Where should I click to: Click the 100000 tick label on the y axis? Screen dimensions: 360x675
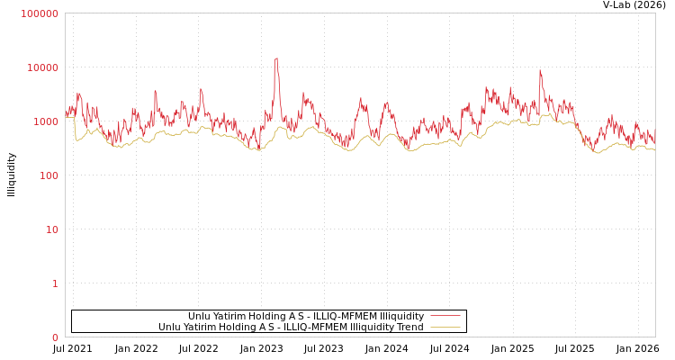(40, 13)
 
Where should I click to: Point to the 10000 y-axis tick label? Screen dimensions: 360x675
(42, 67)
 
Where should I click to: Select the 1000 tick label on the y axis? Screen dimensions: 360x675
(45, 121)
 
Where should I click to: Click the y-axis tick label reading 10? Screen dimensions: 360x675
(51, 229)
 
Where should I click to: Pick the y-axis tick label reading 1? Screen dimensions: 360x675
(55, 283)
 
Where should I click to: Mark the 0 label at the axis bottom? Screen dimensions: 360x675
(55, 337)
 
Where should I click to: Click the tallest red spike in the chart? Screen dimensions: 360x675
(276, 59)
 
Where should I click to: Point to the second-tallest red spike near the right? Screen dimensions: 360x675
(540, 71)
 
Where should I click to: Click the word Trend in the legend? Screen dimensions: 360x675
(409, 328)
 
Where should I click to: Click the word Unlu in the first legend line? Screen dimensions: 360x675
(198, 317)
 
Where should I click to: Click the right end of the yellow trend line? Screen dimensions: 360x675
(654, 149)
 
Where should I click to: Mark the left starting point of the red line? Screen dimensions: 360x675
(66, 115)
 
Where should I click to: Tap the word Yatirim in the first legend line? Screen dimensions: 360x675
(229, 317)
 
